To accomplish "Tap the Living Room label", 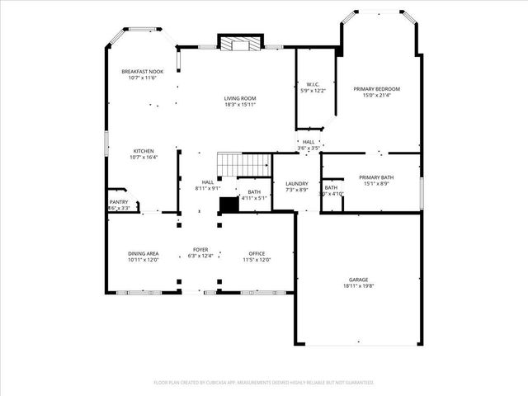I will point(240,98).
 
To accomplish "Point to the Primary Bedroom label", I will point(377,88).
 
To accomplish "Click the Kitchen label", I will point(144,151).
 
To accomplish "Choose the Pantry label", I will point(119,201).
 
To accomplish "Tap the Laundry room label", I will point(296,183).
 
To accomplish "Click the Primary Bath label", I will point(376,177).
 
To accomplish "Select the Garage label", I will point(358,280).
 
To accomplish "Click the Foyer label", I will point(200,249).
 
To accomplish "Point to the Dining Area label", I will point(143,253).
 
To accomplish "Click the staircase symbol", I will point(243,163).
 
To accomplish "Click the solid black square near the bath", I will point(229,205).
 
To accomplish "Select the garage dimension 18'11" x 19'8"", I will point(358,286).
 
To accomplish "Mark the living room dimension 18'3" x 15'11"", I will point(240,105).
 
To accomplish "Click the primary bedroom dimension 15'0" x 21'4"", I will point(377,95).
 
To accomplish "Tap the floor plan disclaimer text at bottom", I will point(264,382).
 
